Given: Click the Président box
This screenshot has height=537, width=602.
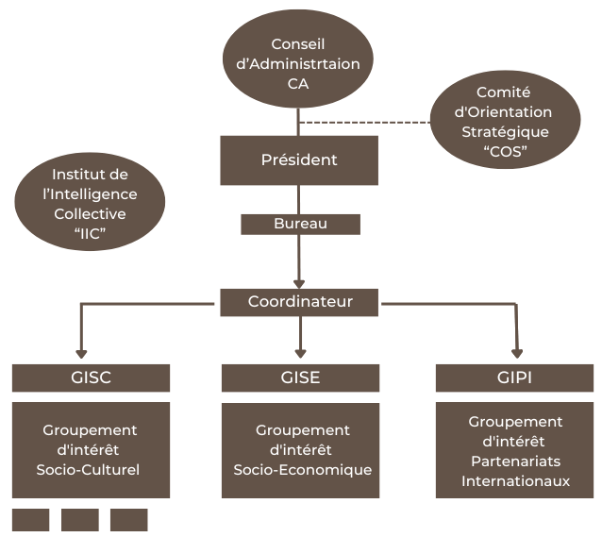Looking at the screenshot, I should [x=299, y=159].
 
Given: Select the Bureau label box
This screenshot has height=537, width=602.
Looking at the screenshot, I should [x=300, y=225].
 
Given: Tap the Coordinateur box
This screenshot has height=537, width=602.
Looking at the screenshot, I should [x=300, y=302].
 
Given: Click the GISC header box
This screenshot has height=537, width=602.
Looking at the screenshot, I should [x=91, y=378].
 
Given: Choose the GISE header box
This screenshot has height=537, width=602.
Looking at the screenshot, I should [x=300, y=378].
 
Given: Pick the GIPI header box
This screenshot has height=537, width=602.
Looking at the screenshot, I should [x=514, y=378].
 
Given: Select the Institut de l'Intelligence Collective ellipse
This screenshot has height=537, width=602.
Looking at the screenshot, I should [x=90, y=202].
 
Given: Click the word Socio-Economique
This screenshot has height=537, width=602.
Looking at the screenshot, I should [x=302, y=470].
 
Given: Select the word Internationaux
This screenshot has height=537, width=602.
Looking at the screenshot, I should [x=515, y=481].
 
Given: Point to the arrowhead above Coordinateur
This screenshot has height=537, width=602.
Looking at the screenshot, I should [x=299, y=282].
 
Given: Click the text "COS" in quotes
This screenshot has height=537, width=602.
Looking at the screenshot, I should [x=506, y=151].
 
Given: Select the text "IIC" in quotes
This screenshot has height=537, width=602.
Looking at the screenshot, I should [x=90, y=232].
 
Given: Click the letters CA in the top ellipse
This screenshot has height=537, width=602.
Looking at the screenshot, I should [x=298, y=84].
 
